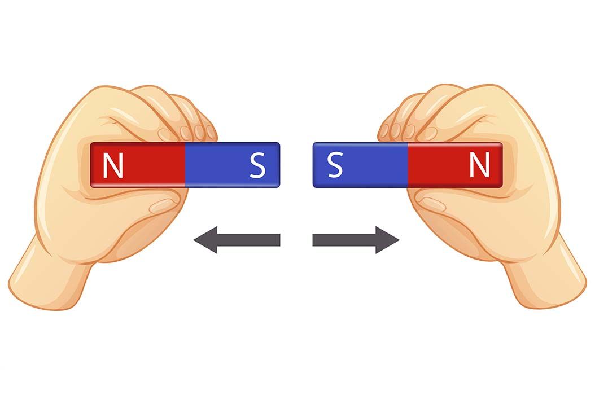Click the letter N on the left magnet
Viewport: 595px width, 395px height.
coord(113,165)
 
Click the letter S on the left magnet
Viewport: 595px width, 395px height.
coord(257,165)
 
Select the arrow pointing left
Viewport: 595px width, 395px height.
coord(237,240)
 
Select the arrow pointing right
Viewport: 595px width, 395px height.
coord(356,240)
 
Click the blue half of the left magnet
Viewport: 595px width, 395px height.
coord(232,165)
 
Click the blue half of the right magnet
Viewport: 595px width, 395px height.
coord(360,165)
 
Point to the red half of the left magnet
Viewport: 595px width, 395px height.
coord(138,165)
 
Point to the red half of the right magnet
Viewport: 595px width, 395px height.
coord(455,165)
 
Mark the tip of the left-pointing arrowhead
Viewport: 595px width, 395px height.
coord(194,240)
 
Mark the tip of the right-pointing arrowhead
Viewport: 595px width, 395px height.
coord(399,240)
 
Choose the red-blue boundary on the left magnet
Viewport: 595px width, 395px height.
coord(185,165)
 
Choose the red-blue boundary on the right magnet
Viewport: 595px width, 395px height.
coord(408,165)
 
